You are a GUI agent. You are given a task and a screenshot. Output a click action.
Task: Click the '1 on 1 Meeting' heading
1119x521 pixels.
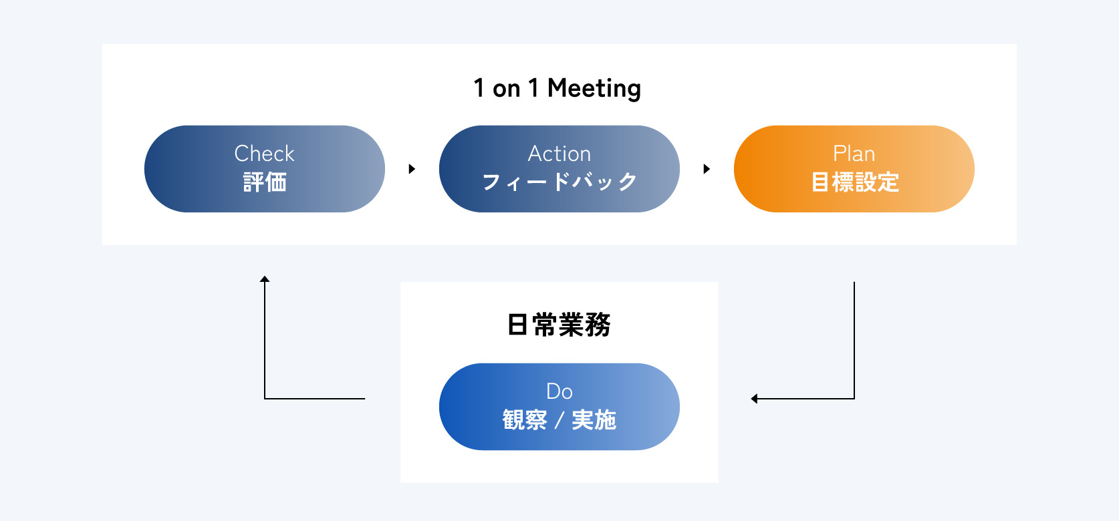click(x=557, y=89)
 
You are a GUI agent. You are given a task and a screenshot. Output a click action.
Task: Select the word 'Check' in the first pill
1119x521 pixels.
click(x=264, y=154)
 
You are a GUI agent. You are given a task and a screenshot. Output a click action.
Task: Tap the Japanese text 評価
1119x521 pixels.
click(x=265, y=182)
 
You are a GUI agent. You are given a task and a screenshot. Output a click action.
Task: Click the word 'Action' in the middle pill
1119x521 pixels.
click(x=559, y=154)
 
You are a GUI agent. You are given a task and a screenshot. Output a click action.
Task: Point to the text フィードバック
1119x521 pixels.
click(x=559, y=182)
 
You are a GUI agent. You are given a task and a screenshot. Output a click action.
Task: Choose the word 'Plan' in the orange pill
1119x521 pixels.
click(x=854, y=154)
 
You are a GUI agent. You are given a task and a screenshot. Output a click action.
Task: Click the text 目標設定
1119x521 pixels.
click(x=855, y=182)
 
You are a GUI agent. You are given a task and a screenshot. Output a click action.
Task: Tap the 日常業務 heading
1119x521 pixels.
click(x=559, y=325)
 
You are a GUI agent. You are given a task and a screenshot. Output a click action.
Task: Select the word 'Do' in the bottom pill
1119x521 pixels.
click(x=559, y=391)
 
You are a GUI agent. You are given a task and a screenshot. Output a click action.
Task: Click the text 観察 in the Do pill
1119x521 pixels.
click(x=525, y=419)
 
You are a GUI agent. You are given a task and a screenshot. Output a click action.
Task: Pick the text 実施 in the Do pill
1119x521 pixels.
click(x=594, y=419)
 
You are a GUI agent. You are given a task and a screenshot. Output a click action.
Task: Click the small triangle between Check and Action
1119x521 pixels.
click(x=412, y=169)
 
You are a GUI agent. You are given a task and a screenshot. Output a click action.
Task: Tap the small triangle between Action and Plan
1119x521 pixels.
click(x=707, y=169)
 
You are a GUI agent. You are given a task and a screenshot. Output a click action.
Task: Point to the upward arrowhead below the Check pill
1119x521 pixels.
click(x=265, y=279)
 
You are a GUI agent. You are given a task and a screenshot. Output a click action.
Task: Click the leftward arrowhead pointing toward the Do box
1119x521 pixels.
click(x=754, y=399)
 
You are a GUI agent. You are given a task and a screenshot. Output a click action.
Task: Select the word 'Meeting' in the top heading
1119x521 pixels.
click(x=594, y=89)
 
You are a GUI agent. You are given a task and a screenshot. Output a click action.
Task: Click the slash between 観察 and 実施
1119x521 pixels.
click(x=559, y=420)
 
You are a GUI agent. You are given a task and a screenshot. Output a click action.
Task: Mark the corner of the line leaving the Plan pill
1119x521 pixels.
click(x=854, y=399)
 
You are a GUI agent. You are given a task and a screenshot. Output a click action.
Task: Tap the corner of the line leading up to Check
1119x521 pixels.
click(x=265, y=399)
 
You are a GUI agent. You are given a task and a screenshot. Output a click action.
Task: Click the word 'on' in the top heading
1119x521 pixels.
click(x=507, y=90)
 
